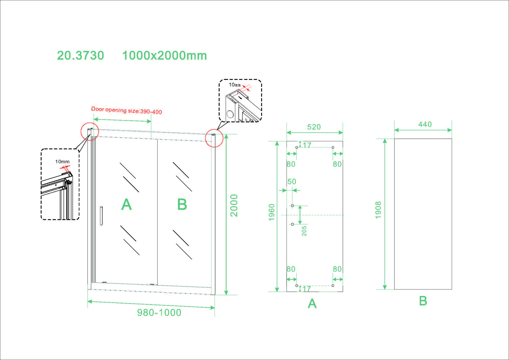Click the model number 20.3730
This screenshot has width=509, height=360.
coord(80,56)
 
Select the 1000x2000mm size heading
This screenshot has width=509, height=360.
coord(164,56)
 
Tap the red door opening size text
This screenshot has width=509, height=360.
coord(126,110)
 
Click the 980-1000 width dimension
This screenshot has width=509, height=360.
coord(159,313)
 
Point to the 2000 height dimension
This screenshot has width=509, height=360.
coord(234,205)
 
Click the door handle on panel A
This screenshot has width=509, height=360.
coord(102,216)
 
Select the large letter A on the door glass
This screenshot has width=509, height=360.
coord(126,204)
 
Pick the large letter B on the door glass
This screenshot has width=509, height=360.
coord(182,204)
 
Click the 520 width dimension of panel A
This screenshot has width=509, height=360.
coord(314,127)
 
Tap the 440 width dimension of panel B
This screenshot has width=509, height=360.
coord(425,124)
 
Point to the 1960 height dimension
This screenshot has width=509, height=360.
coord(272,212)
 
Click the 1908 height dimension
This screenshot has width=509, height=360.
coord(378,210)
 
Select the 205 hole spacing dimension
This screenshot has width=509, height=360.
coord(304,231)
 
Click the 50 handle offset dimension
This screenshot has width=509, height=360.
coord(292,182)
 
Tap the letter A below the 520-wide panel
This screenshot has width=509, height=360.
coord(312,303)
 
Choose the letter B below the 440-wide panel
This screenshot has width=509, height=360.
coord(423,301)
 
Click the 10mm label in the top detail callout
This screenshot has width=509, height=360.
coord(235,85)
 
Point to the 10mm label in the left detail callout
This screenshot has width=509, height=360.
coord(62,162)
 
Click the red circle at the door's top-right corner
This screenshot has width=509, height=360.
coord(214,138)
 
